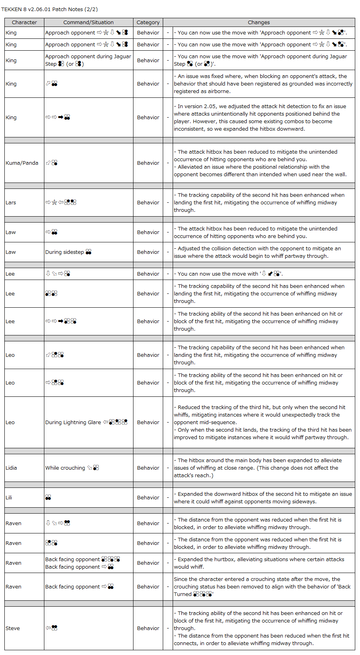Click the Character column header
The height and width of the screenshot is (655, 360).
click(x=24, y=23)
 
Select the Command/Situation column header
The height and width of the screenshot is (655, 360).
click(x=88, y=23)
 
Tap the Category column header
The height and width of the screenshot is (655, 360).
click(x=148, y=23)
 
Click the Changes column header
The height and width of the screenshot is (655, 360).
click(x=259, y=23)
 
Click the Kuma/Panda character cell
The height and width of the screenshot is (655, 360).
click(x=22, y=163)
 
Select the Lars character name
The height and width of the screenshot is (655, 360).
click(x=11, y=202)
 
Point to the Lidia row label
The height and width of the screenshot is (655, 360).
click(x=11, y=468)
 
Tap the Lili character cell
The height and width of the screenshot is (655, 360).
click(x=9, y=497)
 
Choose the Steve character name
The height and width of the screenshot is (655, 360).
click(x=13, y=628)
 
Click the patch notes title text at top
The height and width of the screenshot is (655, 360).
click(x=50, y=9)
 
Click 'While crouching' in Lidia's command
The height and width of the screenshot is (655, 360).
click(x=65, y=468)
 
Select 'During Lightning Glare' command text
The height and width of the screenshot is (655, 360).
click(x=73, y=422)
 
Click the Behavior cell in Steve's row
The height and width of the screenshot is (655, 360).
click(x=148, y=628)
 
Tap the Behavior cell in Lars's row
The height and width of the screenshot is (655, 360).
click(x=148, y=202)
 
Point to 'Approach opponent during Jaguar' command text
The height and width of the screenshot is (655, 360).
click(x=88, y=56)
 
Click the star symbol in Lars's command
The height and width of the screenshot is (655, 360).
click(x=55, y=202)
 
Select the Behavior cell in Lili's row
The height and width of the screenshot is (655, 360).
click(x=148, y=497)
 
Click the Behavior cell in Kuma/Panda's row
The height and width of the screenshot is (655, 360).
click(x=148, y=163)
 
